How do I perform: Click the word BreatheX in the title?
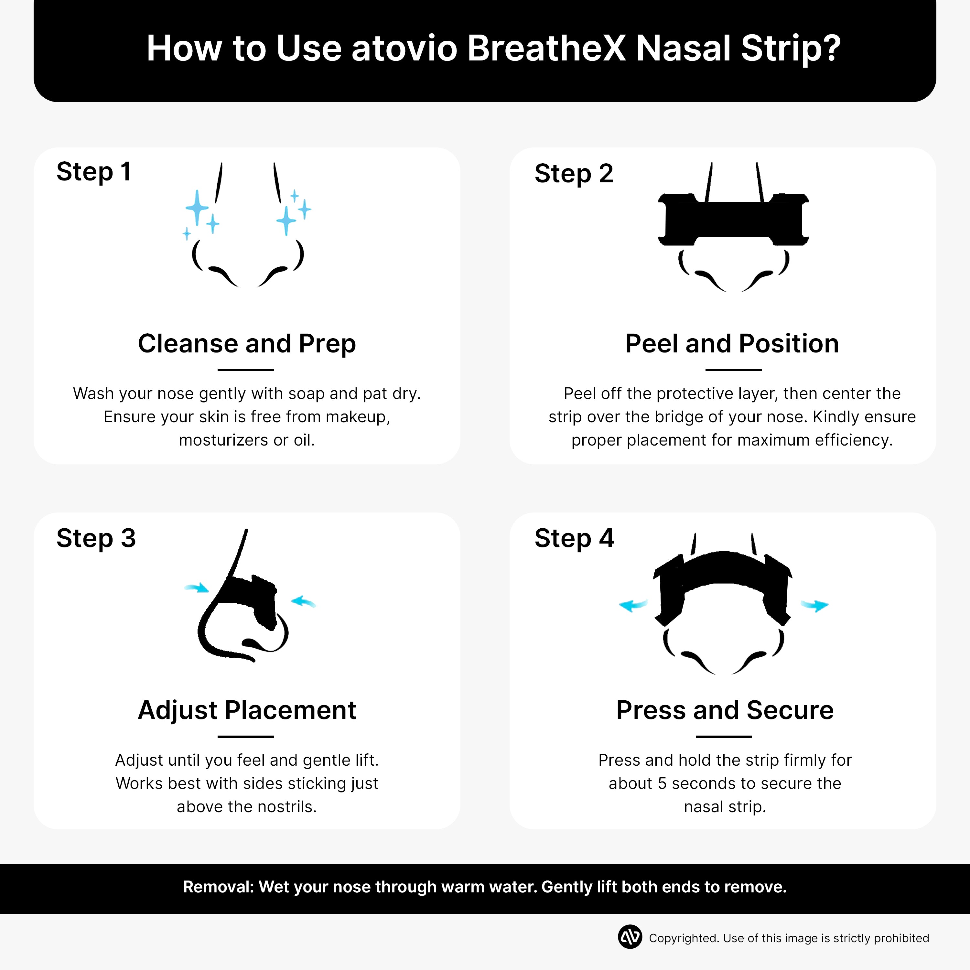(x=546, y=49)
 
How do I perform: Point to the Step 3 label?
(x=96, y=538)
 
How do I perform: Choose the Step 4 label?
(x=574, y=538)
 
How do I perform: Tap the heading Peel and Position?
(x=731, y=344)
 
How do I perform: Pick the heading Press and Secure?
(x=725, y=710)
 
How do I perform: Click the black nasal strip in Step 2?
(x=733, y=220)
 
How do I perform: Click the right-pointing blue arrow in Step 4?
(x=814, y=606)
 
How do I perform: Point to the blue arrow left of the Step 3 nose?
(x=197, y=587)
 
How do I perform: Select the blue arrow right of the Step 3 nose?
(x=303, y=601)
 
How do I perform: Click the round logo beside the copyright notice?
(x=630, y=937)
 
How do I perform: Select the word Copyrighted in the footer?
(x=683, y=938)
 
